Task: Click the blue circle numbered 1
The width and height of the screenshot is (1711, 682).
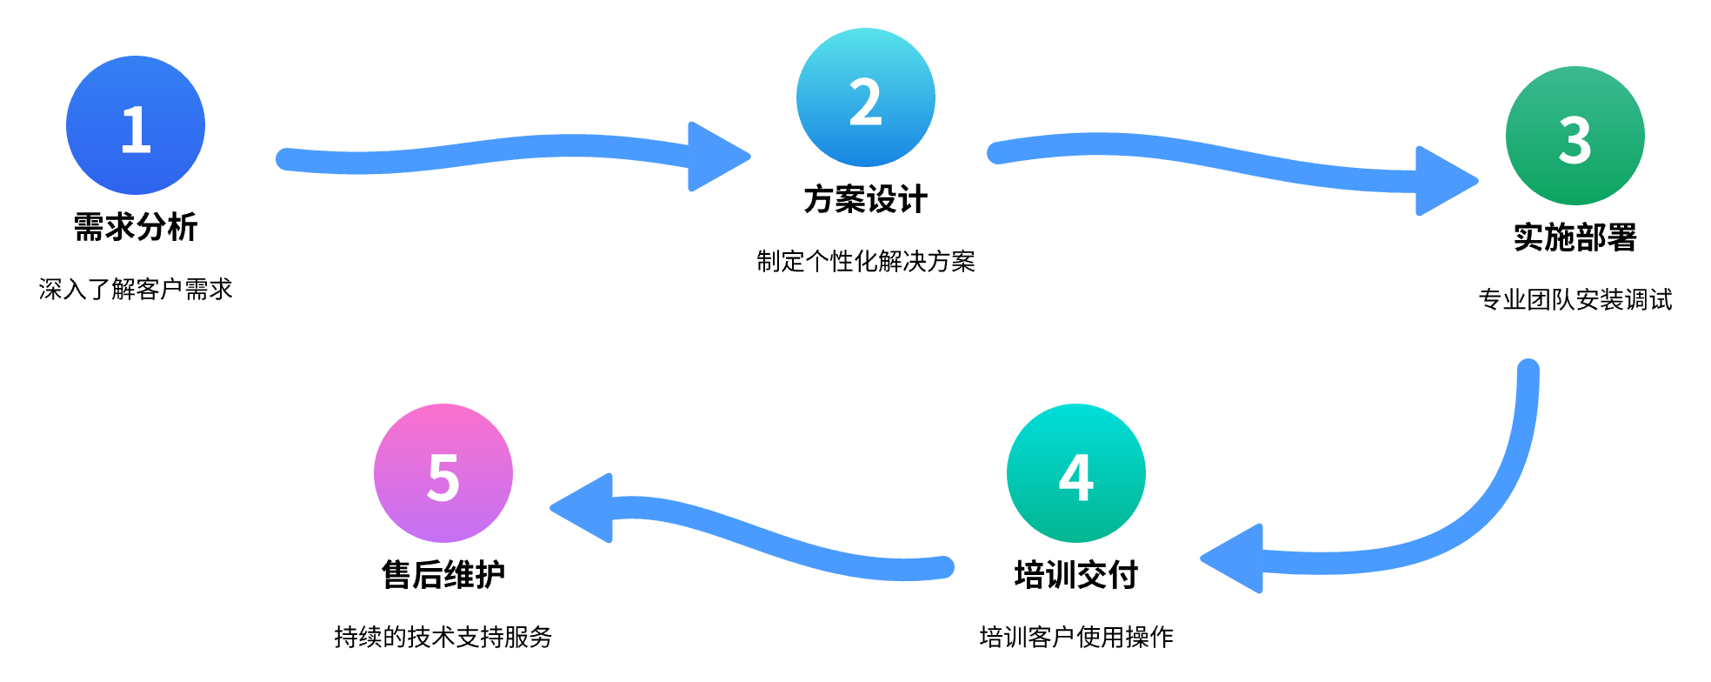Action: click(x=136, y=125)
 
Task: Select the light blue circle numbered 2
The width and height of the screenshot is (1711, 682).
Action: click(x=866, y=97)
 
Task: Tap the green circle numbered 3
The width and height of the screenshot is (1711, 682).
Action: click(x=1575, y=136)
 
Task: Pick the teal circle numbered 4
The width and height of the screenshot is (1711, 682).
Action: click(x=1076, y=473)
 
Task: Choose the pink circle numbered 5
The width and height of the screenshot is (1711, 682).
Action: click(x=443, y=473)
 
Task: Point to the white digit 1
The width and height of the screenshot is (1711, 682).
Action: click(x=136, y=130)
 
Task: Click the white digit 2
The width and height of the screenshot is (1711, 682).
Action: click(x=866, y=103)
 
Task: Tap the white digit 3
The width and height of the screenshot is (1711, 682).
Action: click(x=1575, y=141)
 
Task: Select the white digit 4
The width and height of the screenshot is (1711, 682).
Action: click(x=1076, y=478)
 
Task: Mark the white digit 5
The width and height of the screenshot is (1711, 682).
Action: click(x=443, y=478)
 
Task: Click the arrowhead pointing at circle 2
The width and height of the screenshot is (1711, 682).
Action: click(x=715, y=157)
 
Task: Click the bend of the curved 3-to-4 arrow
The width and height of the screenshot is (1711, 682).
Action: click(x=1478, y=522)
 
